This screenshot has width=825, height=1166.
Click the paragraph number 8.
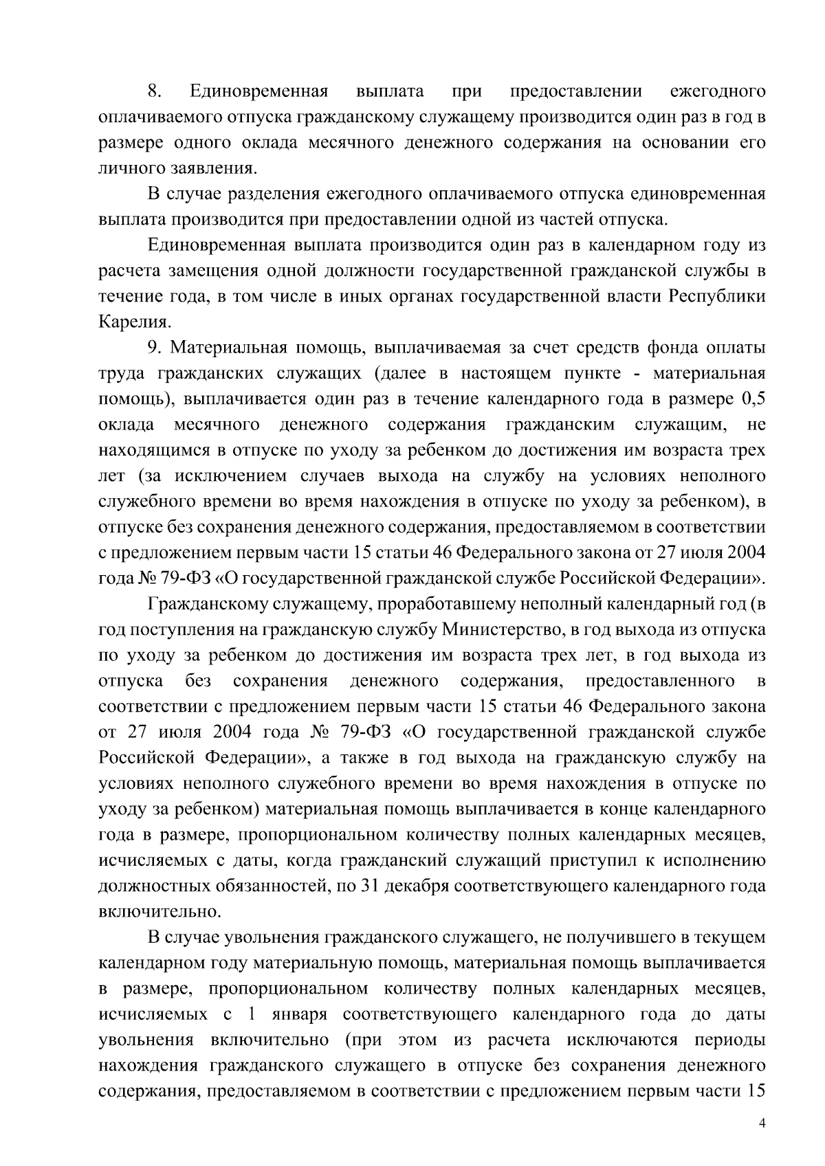(154, 91)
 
